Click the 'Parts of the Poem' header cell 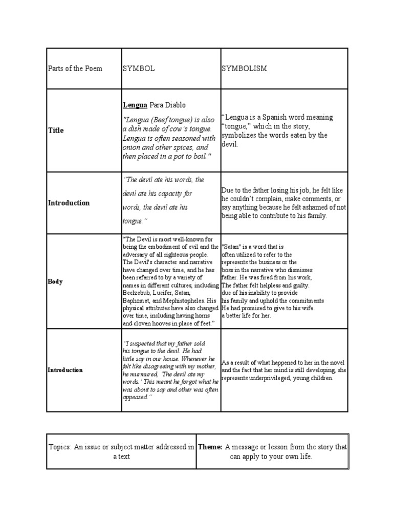[x=75, y=69]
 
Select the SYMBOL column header [x=138, y=69]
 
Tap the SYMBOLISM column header [x=244, y=69]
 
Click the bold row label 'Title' [x=56, y=130]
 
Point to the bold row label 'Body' [x=55, y=281]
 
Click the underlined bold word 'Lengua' [x=135, y=105]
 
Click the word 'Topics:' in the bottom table [x=61, y=447]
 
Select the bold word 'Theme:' [x=210, y=447]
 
